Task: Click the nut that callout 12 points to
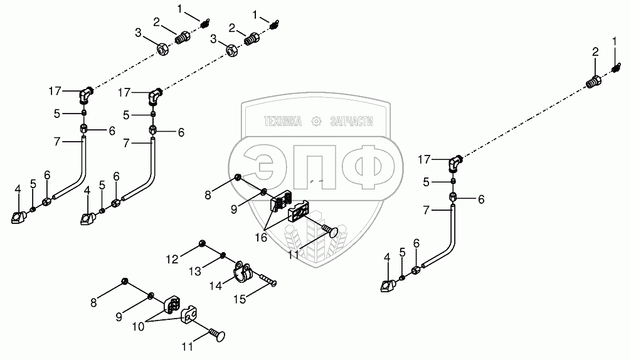tap(202, 243)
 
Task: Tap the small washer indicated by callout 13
tap(223, 255)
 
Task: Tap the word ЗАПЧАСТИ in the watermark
tap(351, 121)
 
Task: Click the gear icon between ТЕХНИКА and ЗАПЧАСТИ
tap(317, 120)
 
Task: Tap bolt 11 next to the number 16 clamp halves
tap(330, 232)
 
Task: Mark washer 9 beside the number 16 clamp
tap(263, 191)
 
